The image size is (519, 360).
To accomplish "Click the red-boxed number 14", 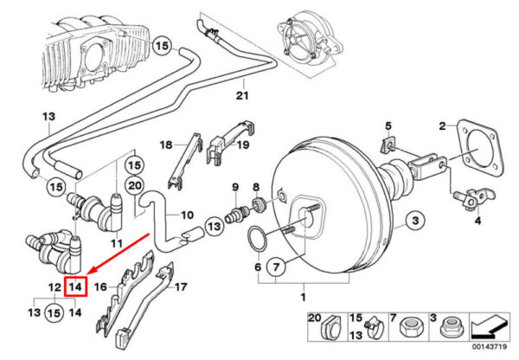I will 76,286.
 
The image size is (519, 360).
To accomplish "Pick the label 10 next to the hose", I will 187,215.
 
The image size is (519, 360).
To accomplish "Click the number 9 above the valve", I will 234,187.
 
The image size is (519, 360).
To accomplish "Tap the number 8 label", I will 255,187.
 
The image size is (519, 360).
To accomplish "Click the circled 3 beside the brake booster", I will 414,222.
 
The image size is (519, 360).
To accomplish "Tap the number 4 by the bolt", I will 476,221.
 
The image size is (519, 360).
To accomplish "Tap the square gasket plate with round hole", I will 476,156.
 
